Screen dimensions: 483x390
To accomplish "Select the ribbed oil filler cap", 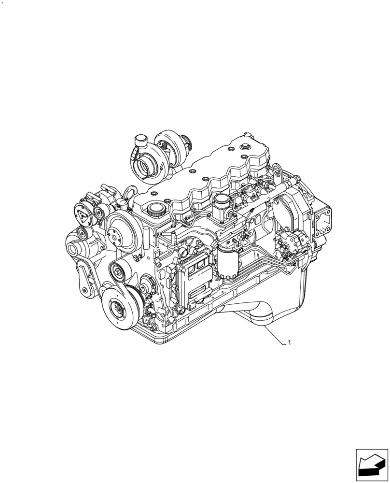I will (x=156, y=210).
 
